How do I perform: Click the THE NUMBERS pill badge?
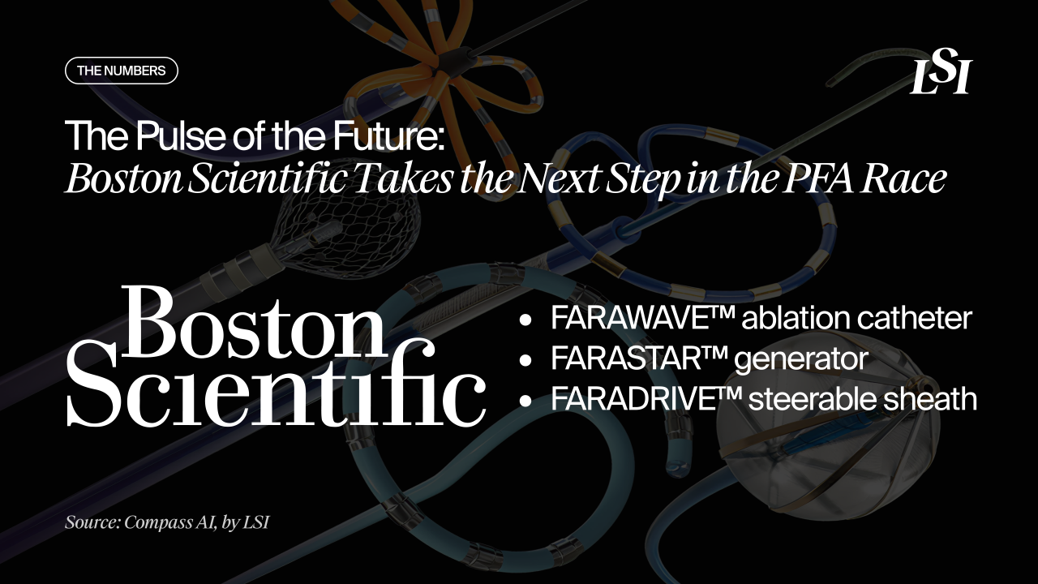121,71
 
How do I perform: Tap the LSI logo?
940,77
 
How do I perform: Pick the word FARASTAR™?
638,359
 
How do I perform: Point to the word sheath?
932,399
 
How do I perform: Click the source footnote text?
166,522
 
